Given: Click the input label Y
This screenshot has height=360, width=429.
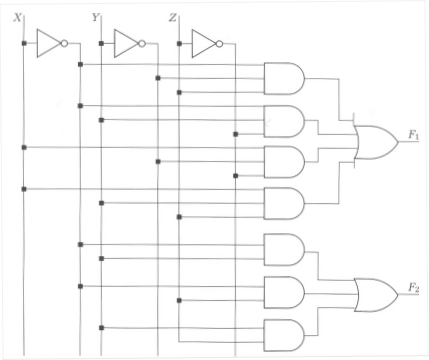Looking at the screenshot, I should coord(95,17).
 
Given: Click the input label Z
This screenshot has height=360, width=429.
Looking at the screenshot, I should coord(173,17).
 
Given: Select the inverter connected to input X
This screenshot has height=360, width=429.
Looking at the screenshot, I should coord(48,43).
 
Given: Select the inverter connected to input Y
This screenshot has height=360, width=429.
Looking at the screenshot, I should coord(126,43).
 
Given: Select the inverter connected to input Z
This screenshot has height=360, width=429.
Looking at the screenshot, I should coord(204,43).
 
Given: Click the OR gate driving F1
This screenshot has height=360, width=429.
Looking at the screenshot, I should coord(375,143).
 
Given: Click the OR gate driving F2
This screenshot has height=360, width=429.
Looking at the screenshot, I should coord(375,292).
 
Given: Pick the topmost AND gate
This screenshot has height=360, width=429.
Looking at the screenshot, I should coord(284,77).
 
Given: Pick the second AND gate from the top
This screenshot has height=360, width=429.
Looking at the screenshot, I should coord(284,120).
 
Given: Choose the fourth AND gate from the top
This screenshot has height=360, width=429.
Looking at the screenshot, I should coord(284,202).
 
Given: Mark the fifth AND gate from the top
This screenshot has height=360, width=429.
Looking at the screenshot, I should coord(284,249).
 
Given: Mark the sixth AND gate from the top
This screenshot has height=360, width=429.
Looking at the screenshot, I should coord(284,292).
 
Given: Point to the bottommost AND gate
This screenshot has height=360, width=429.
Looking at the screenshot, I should coord(284,333).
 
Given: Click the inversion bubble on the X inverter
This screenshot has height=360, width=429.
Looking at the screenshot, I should coord(65,43).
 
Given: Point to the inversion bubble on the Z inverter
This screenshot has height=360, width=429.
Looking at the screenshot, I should coord(221,43).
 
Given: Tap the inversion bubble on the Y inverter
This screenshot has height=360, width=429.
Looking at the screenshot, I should coord(143,43).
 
